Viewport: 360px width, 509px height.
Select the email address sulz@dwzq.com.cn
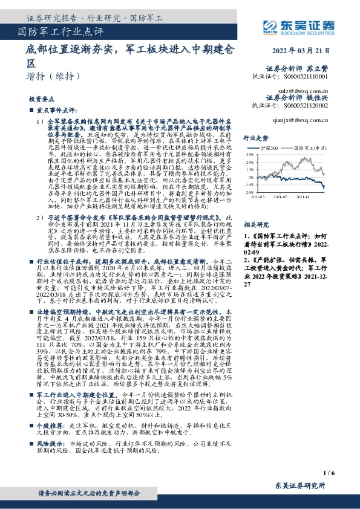pyautogui.click(x=309, y=88)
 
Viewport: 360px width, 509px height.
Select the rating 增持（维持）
pyautogui.click(x=54, y=76)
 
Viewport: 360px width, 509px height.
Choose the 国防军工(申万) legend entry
pyautogui.click(x=310, y=148)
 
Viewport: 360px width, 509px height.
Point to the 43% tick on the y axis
pyautogui.click(x=249, y=154)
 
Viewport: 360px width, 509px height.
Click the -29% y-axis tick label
pyautogui.click(x=249, y=192)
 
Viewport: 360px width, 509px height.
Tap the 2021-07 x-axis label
pyautogui.click(x=281, y=196)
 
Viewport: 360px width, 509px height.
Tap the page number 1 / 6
pyautogui.click(x=329, y=472)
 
